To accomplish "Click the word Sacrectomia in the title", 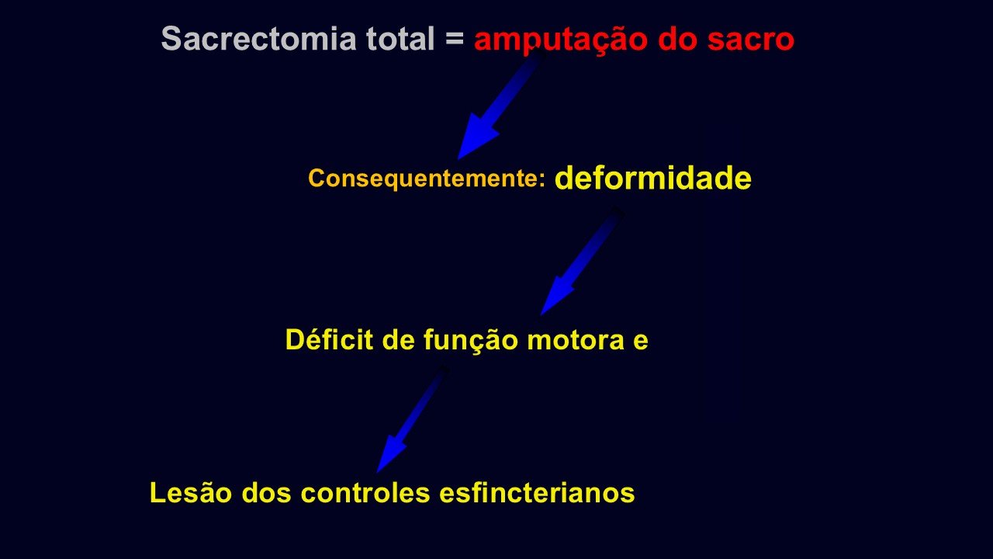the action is (259, 38).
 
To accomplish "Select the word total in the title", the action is (400, 38).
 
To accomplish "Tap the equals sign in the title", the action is (455, 38).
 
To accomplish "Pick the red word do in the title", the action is (678, 39).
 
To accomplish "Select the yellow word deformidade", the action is (653, 178).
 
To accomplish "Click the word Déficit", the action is (329, 339).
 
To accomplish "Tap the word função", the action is (471, 341).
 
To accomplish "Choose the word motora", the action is (576, 341).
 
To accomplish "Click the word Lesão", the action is (191, 492).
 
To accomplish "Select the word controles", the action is (365, 492).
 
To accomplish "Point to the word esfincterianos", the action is (538, 492).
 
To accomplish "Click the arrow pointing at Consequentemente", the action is (501, 104).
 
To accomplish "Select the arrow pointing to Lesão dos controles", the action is (412, 419).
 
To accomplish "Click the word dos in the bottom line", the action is (266, 492).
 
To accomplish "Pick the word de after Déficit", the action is (398, 340).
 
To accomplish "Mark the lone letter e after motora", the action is (641, 342).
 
